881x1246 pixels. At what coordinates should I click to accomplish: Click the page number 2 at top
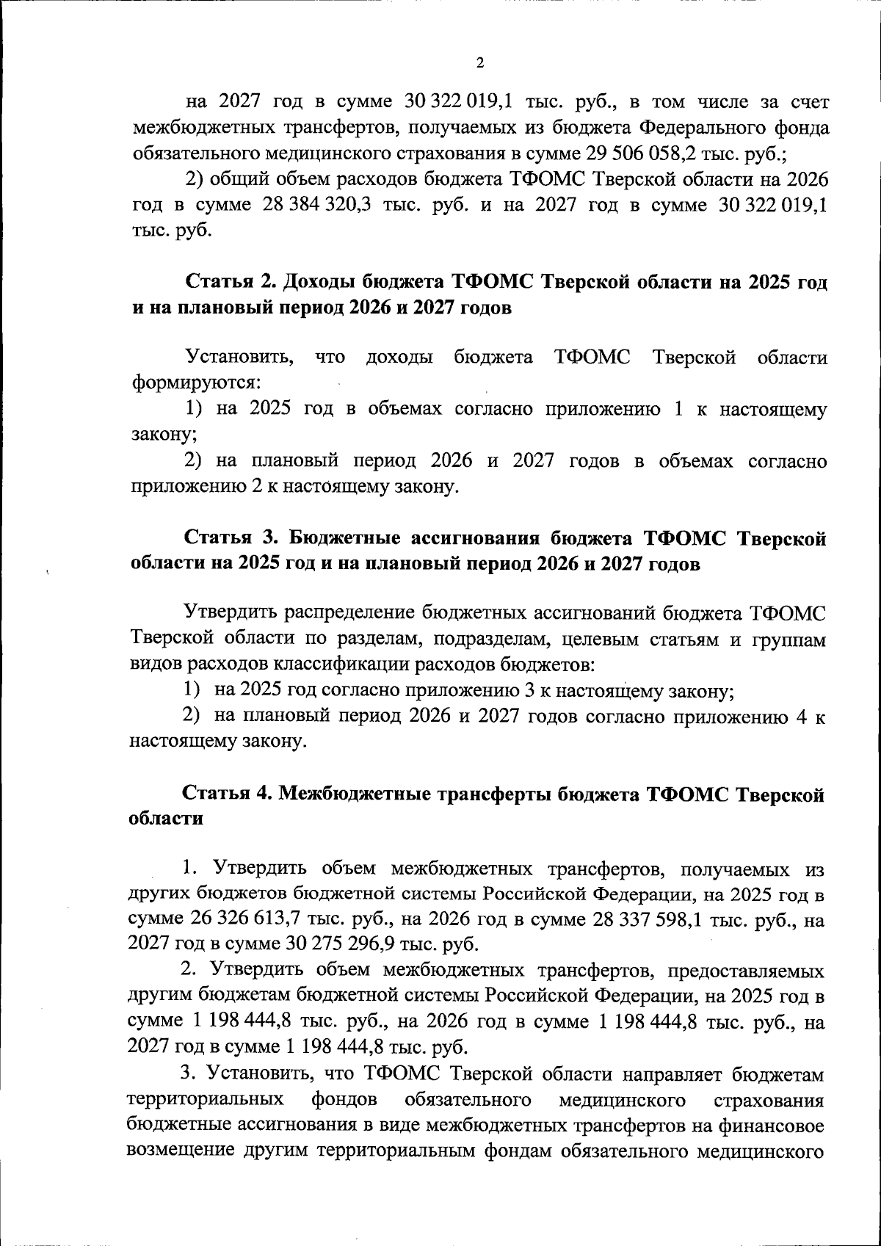click(x=480, y=63)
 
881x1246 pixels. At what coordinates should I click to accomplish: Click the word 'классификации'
click(x=338, y=665)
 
